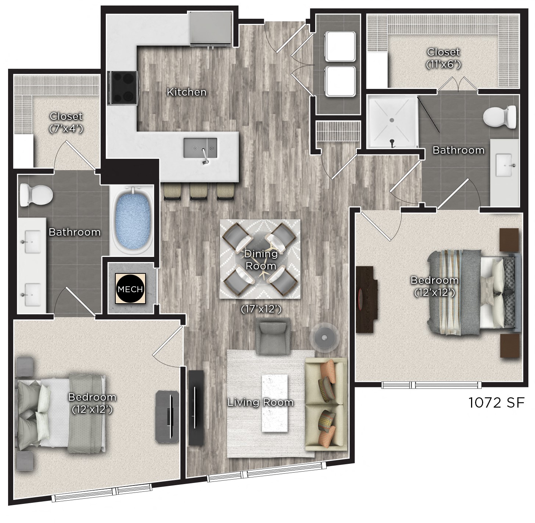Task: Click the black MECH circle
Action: (130, 289)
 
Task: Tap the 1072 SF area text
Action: (496, 403)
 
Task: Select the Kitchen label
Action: (186, 92)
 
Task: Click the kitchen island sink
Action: (200, 148)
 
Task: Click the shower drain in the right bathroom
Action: (392, 120)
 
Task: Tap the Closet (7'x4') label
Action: (66, 122)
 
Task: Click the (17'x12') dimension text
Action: (261, 309)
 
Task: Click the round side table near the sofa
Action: (324, 336)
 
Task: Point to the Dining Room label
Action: (261, 259)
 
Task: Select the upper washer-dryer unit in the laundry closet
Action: (340, 46)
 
